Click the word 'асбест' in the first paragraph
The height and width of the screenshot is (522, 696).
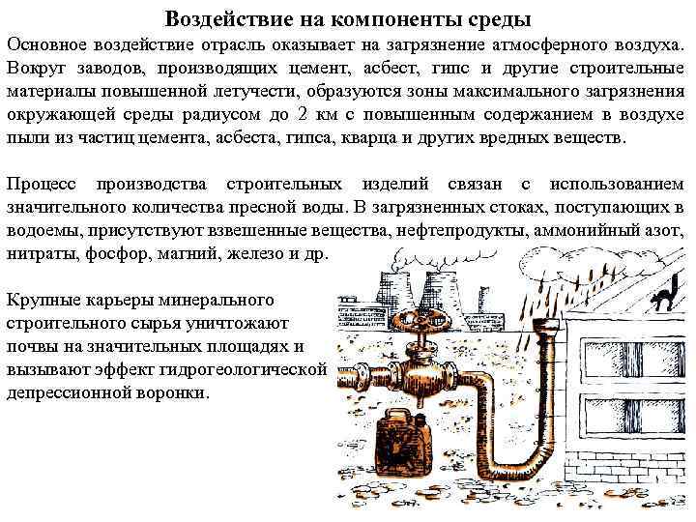point(397,67)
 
